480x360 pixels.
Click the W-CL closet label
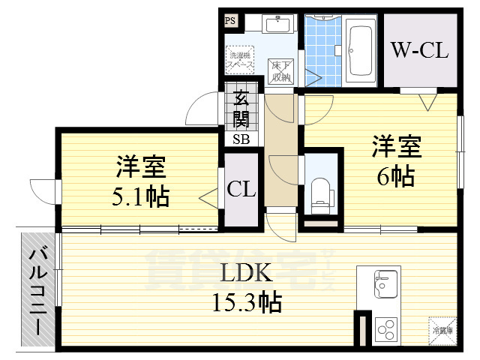(x=420, y=50)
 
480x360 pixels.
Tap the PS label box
(x=230, y=21)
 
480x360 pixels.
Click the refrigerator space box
(x=441, y=328)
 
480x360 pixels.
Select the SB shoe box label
(x=241, y=139)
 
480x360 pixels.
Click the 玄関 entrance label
(x=241, y=109)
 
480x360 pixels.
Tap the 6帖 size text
(x=396, y=177)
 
